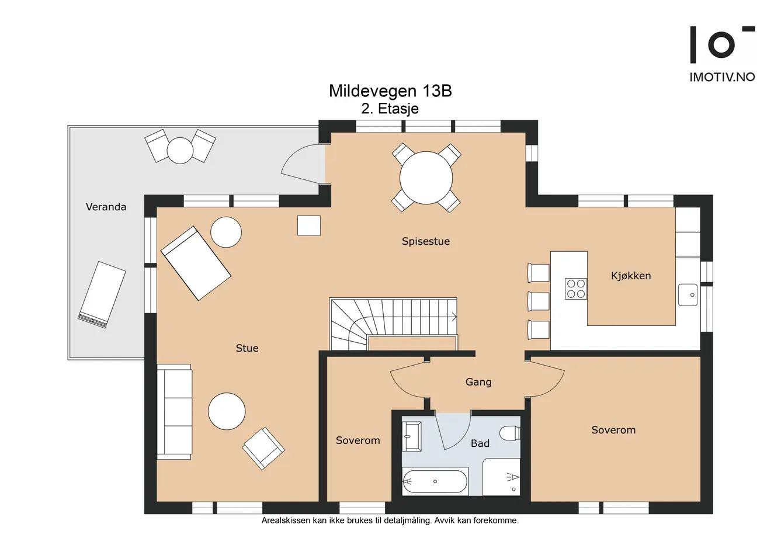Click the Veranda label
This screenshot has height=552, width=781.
tap(106, 207)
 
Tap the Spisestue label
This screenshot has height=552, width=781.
tap(426, 241)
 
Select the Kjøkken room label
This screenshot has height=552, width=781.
tap(631, 276)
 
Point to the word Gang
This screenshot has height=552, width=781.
tap(478, 382)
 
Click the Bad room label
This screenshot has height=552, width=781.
tap(480, 443)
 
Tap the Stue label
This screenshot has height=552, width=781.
tap(247, 348)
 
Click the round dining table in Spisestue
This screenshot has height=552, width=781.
tap(426, 178)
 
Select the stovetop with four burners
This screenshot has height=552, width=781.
tap(576, 289)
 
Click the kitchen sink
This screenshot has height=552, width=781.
tap(688, 294)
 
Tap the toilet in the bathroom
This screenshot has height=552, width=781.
tap(510, 433)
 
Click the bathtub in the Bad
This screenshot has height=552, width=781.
tap(435, 481)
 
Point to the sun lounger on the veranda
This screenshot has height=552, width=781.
tap(102, 294)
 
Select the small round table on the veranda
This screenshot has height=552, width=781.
tap(180, 151)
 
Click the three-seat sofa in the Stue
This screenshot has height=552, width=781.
tap(174, 412)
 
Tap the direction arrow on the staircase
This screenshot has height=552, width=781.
tap(454, 317)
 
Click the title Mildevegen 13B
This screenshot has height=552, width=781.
tap(390, 91)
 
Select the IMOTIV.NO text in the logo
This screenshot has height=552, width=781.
tap(722, 77)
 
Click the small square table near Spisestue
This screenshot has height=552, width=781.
tap(309, 225)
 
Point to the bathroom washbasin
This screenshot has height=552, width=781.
tap(412, 436)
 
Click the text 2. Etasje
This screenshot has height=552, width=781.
tap(390, 109)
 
